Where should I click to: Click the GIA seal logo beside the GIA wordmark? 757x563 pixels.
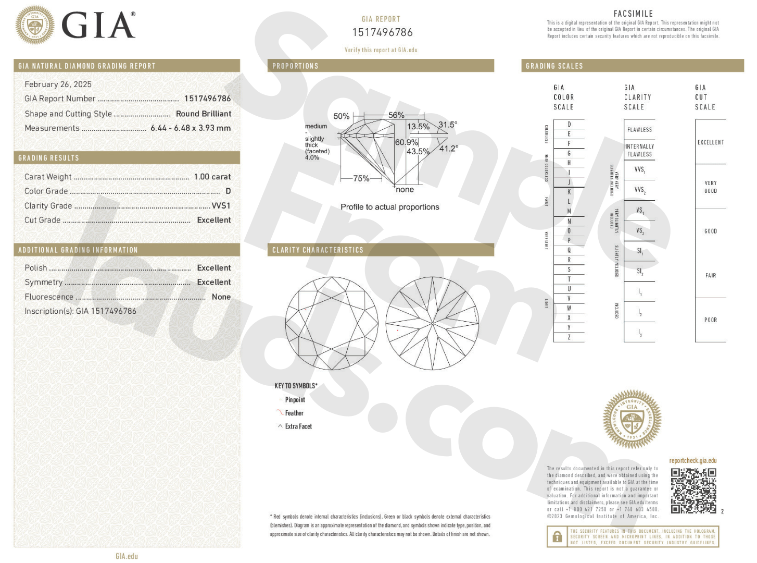(35, 25)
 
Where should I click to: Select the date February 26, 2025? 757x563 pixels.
(58, 84)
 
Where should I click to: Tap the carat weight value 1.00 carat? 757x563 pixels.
(212, 177)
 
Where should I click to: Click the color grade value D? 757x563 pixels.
(228, 191)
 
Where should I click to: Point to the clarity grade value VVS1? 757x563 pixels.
(221, 206)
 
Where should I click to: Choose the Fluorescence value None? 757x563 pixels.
(221, 297)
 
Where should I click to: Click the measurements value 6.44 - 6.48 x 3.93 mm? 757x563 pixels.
(191, 128)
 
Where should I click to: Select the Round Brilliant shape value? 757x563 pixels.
(204, 114)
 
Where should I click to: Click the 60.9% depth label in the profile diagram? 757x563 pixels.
(406, 142)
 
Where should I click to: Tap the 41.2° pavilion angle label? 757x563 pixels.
(448, 149)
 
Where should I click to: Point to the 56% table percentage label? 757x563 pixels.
(396, 115)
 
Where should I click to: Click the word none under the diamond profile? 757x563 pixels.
(405, 190)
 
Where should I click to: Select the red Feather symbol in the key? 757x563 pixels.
(280, 413)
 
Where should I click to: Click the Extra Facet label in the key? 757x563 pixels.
(298, 426)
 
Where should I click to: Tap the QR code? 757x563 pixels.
(693, 491)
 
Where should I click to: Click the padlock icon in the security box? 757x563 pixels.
(557, 536)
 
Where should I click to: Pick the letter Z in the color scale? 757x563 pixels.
(569, 337)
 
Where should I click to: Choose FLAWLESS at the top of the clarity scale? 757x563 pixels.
(639, 130)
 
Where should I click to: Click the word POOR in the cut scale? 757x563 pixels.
(711, 320)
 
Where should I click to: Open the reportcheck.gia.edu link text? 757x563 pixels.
(692, 460)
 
